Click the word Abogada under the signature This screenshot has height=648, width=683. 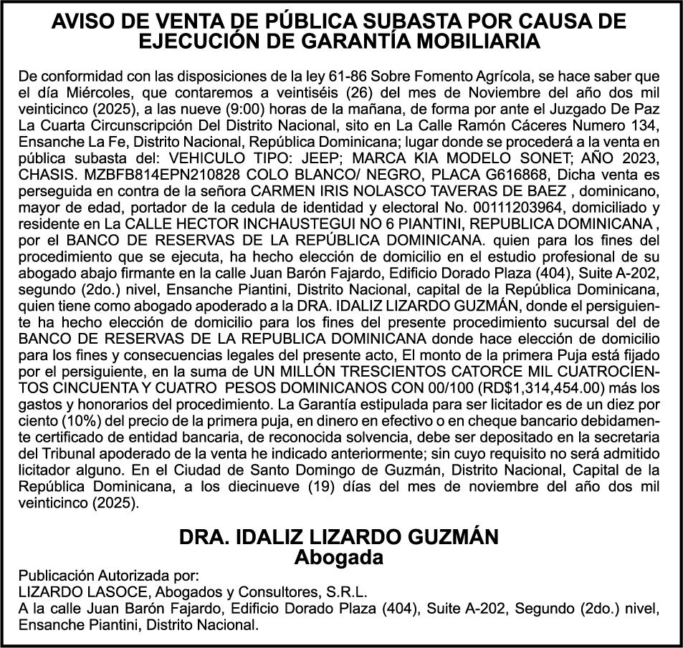340,556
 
